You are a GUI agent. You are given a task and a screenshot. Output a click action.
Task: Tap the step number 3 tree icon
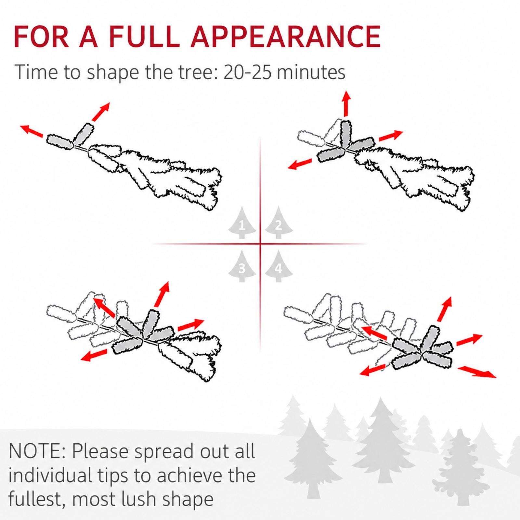(242, 266)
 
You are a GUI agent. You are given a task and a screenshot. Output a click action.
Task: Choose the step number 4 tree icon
(279, 266)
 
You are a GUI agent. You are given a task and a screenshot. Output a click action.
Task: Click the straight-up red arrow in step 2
(347, 103)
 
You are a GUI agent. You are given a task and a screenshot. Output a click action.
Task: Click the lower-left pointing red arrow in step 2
(300, 164)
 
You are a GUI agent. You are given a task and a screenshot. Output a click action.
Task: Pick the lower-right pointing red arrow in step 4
(477, 371)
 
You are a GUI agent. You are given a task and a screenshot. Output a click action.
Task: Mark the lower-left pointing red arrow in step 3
(94, 355)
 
